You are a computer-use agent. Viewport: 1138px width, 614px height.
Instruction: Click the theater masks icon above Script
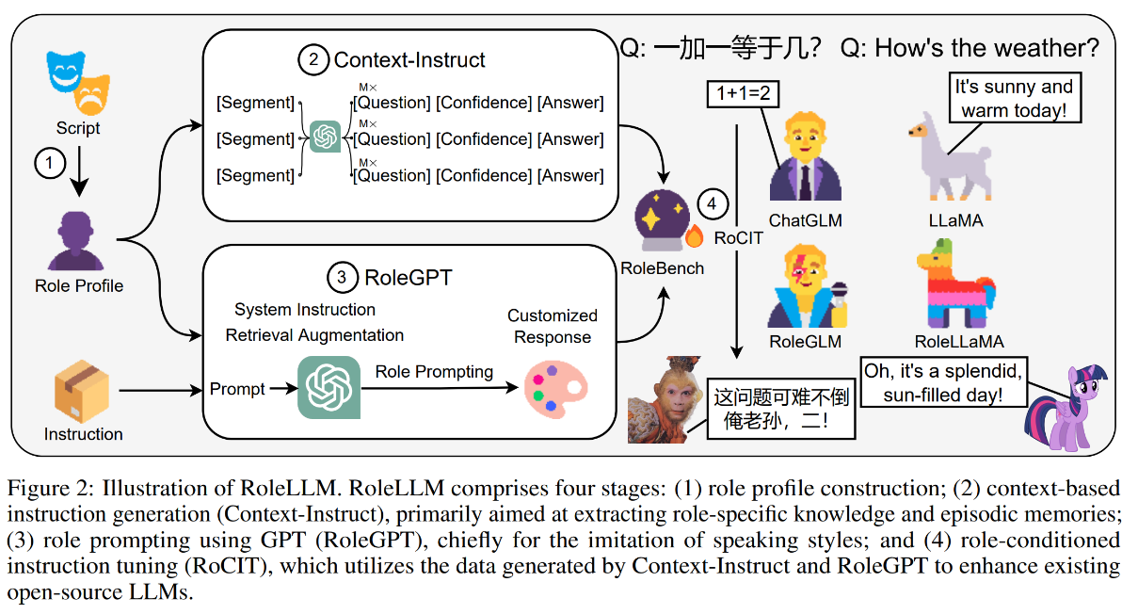[x=76, y=80]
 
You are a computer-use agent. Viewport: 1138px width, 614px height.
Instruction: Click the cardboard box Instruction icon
[x=82, y=389]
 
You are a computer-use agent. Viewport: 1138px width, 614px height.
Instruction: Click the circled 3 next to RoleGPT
[x=342, y=277]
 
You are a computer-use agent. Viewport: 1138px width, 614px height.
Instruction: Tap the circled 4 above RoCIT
[x=712, y=203]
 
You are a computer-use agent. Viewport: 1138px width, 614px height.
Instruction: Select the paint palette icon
[x=555, y=390]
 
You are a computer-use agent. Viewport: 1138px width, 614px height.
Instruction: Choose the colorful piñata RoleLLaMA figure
[x=955, y=280]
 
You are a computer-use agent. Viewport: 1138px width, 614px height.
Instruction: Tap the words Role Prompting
[x=434, y=371]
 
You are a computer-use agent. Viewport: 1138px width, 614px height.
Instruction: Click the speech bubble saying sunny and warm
[x=1014, y=99]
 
